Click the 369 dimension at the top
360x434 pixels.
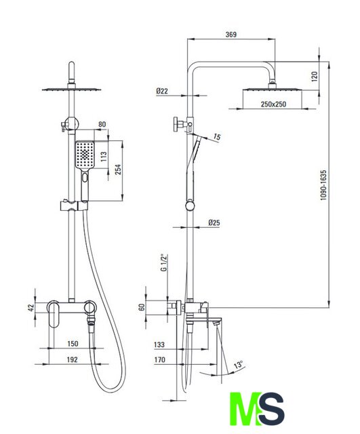pos(231,35)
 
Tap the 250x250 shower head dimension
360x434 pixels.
pos(273,104)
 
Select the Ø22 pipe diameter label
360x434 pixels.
pos(162,91)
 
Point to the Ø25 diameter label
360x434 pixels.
pos(214,222)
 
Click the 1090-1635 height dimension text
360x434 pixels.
pos(323,185)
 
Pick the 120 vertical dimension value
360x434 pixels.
pos(315,77)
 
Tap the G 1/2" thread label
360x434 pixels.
pos(164,262)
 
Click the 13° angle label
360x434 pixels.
pos(238,364)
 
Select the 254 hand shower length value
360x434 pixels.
pos(118,170)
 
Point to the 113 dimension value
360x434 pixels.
pos(104,157)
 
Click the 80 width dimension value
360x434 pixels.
pos(102,124)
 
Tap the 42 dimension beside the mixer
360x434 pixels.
pos(31,307)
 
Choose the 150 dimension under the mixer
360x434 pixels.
pos(73,344)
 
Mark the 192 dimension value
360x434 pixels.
pos(73,359)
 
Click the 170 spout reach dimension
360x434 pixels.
pos(159,359)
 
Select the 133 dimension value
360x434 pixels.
pos(159,344)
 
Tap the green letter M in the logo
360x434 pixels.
pos(245,408)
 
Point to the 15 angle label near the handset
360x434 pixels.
pos(217,137)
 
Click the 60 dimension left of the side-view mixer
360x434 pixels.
pos(142,307)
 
